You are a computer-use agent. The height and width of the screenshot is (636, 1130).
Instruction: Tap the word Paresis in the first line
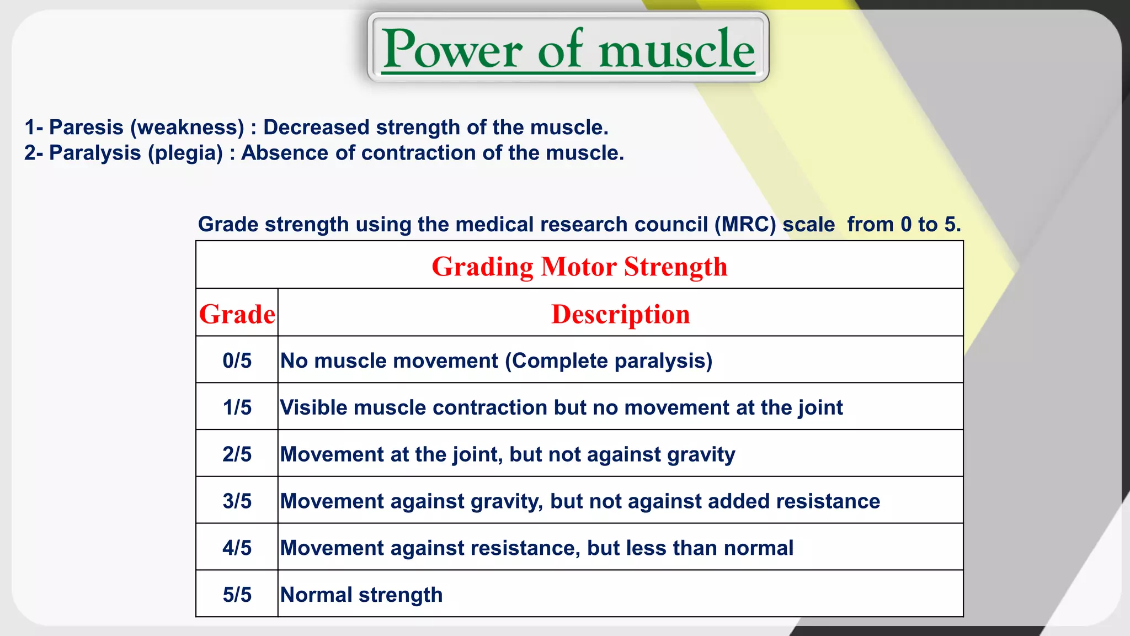[x=86, y=128]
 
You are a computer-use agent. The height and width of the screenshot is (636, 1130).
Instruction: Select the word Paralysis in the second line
[x=95, y=153]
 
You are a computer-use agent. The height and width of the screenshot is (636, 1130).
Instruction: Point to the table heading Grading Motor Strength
[x=579, y=267]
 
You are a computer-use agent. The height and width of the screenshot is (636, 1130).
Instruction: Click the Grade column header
[x=237, y=314]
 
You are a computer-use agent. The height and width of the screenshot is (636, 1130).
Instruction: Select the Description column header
[x=620, y=314]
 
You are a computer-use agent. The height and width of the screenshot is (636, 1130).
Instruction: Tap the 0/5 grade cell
[x=237, y=361]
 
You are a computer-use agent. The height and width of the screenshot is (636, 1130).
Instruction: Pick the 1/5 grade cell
[x=237, y=407]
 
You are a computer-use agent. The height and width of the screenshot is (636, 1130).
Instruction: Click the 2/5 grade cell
[x=237, y=454]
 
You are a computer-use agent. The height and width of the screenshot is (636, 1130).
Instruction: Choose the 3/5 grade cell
[x=237, y=501]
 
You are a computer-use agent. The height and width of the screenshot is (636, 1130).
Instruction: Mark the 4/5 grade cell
[x=237, y=548]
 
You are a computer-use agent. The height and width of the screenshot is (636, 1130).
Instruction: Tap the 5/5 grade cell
[x=237, y=595]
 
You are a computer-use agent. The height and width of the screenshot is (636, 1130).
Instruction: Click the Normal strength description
[x=361, y=595]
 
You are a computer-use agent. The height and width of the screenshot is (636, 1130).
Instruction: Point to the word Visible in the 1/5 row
[x=314, y=407]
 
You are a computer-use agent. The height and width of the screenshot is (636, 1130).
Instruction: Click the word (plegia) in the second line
[x=185, y=153]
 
